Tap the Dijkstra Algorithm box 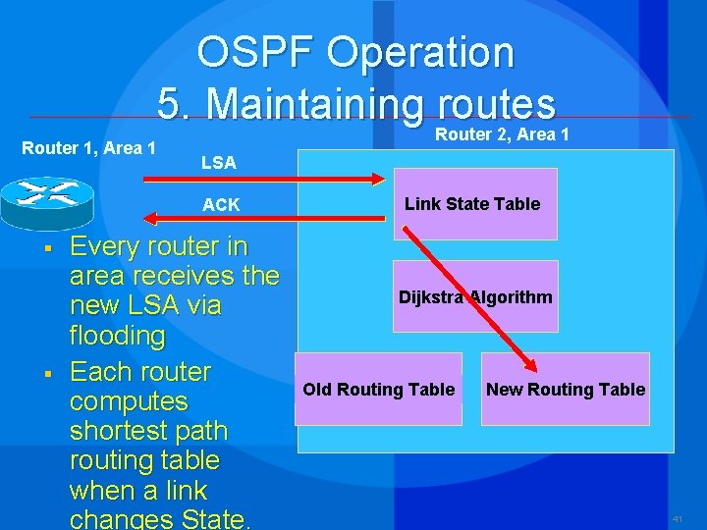coord(475,297)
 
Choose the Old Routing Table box coord(378,390)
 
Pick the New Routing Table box coord(566,390)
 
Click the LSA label coord(218,163)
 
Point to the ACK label coord(221,204)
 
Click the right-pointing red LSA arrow coord(265,179)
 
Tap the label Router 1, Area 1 coord(89,148)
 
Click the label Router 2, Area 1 coord(502,134)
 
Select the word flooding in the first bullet coord(117,336)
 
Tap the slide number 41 coord(678,517)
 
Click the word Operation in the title coord(419,53)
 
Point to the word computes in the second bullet coord(129,401)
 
